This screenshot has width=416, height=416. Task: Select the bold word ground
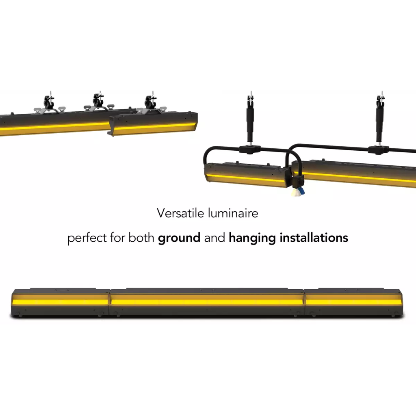click(x=179, y=238)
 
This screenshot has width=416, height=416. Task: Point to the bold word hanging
click(x=252, y=238)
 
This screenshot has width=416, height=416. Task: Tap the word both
click(x=141, y=238)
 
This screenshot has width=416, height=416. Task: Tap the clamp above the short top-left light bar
click(x=150, y=103)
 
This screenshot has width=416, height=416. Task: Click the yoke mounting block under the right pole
click(x=379, y=149)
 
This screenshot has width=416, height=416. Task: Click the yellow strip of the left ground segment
click(x=61, y=302)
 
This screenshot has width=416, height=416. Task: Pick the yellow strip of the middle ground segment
click(x=207, y=302)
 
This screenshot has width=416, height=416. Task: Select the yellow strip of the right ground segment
click(x=353, y=302)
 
